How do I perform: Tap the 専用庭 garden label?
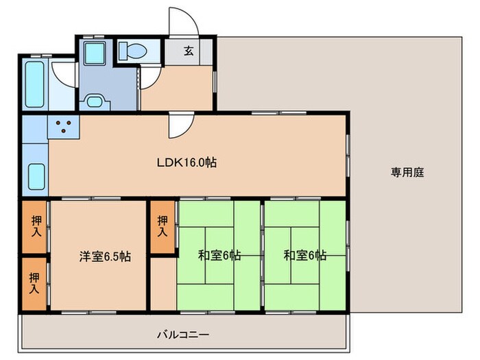click(408, 172)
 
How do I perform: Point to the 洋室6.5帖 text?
click(104, 256)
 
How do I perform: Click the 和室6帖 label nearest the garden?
click(305, 256)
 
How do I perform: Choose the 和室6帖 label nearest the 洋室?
click(219, 256)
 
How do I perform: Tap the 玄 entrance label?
click(188, 50)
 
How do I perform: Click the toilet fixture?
click(131, 51)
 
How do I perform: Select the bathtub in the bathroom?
click(33, 84)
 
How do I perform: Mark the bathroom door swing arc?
click(64, 74)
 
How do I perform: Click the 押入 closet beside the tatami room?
click(163, 226)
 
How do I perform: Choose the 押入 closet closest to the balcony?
click(34, 283)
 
